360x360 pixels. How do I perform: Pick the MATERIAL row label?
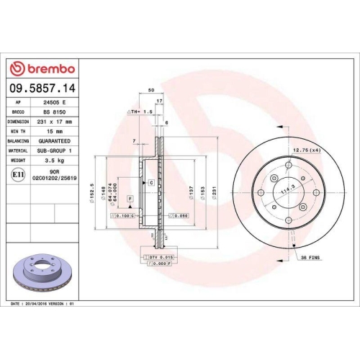coord(19,150)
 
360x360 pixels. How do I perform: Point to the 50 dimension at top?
coord(151,90)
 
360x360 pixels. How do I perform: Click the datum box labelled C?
coord(151,183)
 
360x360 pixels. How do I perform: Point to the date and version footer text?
coord(43,305)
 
